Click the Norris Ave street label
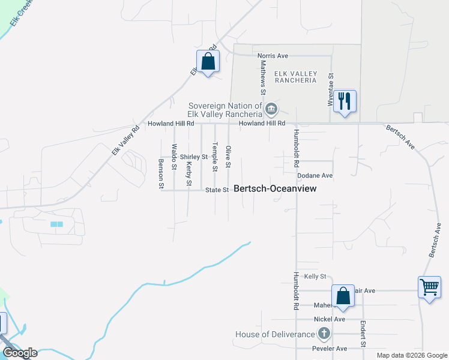[273, 56]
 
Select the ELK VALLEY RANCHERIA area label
[295, 76]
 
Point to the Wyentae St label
[330, 91]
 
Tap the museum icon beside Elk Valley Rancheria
[271, 109]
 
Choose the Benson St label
[161, 174]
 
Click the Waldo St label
[175, 157]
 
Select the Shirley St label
[193, 157]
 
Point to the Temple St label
[215, 157]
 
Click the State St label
[217, 190]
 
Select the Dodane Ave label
[315, 176]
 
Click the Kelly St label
[315, 277]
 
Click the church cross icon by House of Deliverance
[324, 334]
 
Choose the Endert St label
[363, 334]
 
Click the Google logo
[20, 353]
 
